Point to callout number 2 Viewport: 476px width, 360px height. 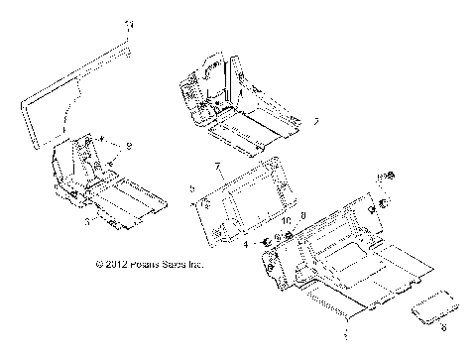click(x=288, y=121)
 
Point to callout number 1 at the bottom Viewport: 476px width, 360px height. click(x=344, y=323)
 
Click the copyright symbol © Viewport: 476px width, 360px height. click(x=99, y=265)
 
